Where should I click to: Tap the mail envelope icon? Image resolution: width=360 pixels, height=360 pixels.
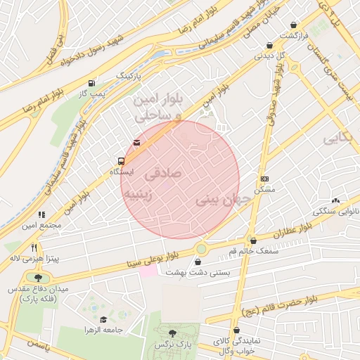point(136,143)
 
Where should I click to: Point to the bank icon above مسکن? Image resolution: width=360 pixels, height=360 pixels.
point(264,179)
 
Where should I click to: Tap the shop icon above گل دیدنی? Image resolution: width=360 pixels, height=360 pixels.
point(268,44)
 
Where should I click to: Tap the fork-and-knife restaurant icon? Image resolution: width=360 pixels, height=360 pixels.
point(34,247)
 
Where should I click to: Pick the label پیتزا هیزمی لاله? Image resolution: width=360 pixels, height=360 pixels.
point(34,259)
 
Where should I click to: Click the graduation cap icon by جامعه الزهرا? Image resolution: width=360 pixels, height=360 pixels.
point(103,319)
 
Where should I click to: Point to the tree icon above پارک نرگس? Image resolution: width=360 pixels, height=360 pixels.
point(172,333)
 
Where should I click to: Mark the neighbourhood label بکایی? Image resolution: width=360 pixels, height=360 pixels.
point(337,139)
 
